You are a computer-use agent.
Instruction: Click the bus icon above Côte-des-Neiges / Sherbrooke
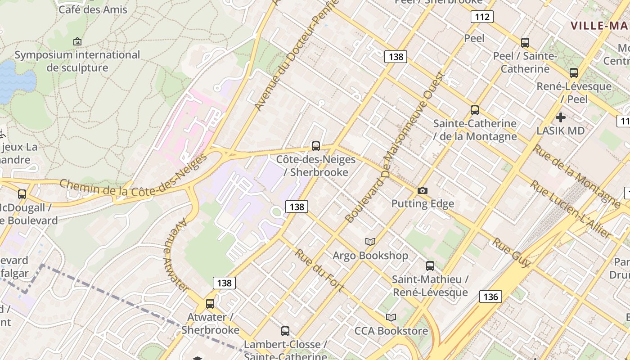[316, 146]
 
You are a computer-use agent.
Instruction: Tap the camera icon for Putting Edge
[422, 190]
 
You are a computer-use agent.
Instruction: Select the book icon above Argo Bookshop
[370, 242]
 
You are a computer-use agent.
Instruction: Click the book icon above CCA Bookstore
[391, 317]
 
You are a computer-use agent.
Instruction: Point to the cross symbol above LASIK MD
[561, 117]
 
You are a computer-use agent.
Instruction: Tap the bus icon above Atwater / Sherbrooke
[210, 303]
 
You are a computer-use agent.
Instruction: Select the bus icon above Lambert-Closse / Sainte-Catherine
[285, 331]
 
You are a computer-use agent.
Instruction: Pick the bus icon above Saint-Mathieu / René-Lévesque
[430, 265]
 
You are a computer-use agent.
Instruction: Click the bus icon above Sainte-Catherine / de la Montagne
[475, 110]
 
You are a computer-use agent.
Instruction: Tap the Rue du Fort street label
[319, 270]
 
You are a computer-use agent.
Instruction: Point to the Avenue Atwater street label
[175, 254]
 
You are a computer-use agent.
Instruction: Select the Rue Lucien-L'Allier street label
[571, 209]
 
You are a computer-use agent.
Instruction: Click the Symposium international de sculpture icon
[77, 41]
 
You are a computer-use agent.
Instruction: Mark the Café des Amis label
[93, 9]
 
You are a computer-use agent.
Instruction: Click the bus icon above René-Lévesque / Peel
[574, 72]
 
